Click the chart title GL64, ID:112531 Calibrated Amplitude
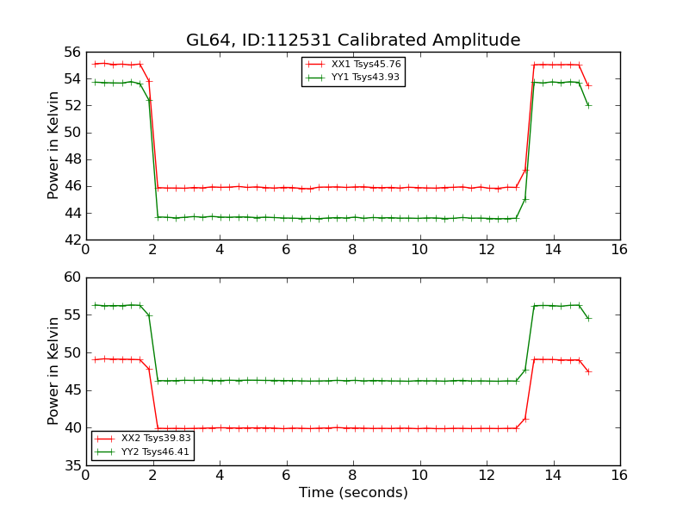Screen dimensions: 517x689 353,40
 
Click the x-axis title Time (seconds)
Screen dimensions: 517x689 353,493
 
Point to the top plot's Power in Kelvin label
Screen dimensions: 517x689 53,145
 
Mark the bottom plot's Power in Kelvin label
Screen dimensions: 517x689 53,371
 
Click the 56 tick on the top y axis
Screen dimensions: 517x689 71,52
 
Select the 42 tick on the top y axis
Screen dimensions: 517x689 71,240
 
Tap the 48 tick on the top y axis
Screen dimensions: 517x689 71,159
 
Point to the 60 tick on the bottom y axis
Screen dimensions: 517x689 71,277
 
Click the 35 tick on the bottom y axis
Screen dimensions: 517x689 71,465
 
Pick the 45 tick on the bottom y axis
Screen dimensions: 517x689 71,390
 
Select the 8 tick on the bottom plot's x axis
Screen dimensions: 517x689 353,475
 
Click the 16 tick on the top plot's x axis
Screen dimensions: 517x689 619,249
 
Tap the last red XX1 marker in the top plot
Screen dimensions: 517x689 588,85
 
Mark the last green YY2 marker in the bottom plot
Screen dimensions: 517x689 588,318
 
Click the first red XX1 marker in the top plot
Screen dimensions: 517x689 95,64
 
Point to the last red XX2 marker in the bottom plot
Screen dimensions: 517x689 588,371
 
